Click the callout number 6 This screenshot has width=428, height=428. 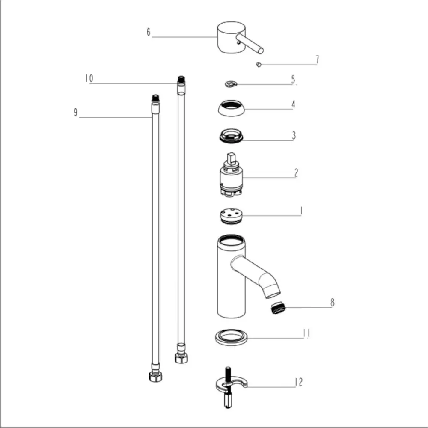click(149, 32)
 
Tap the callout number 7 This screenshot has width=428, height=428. click(317, 59)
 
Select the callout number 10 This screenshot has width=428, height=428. click(89, 78)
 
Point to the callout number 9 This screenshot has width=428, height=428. click(76, 112)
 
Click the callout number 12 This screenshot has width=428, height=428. click(299, 382)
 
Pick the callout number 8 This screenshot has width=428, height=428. click(332, 303)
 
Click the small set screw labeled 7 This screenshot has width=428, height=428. click(259, 65)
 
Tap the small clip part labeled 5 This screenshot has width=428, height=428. click(231, 84)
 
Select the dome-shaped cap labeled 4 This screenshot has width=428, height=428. click(231, 108)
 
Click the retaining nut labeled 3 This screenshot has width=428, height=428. click(231, 136)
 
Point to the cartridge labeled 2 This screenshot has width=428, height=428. click(231, 175)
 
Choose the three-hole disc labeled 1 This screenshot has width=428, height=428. click(231, 216)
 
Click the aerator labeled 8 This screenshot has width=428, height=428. click(278, 308)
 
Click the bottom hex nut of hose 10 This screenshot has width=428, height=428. click(181, 358)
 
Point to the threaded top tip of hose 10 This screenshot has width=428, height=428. click(181, 79)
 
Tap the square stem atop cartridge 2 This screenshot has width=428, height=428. click(231, 159)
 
